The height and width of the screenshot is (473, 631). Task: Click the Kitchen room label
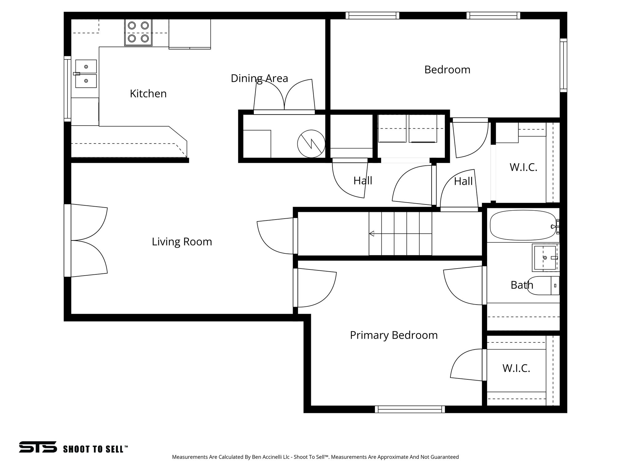tap(148, 94)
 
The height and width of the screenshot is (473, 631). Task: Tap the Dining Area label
tap(259, 78)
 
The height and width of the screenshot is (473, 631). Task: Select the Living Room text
tap(182, 242)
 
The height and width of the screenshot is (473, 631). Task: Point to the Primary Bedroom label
tap(393, 335)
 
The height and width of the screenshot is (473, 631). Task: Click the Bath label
tap(522, 285)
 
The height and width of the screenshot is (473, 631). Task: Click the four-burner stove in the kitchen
tap(138, 32)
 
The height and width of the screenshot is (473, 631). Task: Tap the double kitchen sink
tap(86, 74)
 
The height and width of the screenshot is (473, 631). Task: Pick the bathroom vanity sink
tap(545, 257)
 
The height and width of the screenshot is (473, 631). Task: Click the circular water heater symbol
tap(311, 144)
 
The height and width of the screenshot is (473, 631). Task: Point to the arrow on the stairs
tap(372, 233)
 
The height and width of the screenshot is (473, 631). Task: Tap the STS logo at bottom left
tap(38, 447)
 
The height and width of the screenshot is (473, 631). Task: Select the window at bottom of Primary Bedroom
tap(410, 409)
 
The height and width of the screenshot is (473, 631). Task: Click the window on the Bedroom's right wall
tap(563, 65)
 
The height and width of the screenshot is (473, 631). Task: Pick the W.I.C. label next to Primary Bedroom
tap(516, 368)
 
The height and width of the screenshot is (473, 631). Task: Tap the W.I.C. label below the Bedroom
tap(523, 168)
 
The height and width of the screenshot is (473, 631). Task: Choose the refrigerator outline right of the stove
tap(189, 34)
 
